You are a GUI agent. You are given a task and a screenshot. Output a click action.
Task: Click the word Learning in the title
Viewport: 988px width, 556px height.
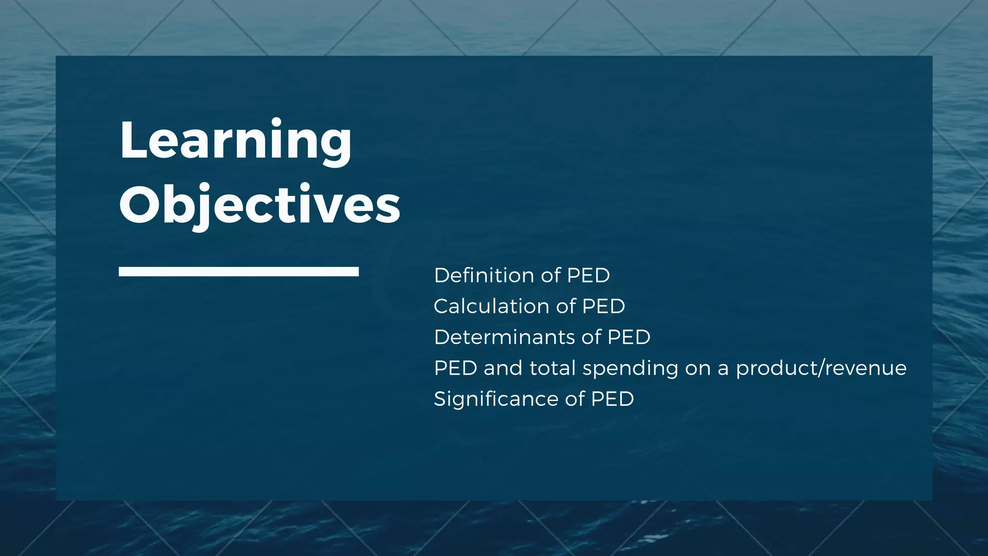point(235,141)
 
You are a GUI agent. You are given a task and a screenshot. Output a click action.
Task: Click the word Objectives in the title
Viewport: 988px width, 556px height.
point(260,205)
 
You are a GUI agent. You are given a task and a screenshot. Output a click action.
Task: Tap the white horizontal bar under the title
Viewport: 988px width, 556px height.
point(238,272)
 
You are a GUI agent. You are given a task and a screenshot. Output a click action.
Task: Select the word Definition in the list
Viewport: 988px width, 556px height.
point(484,276)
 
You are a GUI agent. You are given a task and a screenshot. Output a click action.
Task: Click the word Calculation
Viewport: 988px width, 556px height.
point(491,306)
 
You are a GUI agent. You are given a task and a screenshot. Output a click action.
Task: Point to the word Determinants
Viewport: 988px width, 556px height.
point(504,337)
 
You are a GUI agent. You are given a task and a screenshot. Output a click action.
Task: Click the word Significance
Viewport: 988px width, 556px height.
point(495,399)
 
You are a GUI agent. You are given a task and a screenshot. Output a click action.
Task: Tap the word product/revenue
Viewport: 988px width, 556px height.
point(821,369)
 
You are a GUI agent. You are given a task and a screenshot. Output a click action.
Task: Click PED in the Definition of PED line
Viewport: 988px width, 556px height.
point(588,276)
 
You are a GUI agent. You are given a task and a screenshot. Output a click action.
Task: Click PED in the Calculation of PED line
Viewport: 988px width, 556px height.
point(604,306)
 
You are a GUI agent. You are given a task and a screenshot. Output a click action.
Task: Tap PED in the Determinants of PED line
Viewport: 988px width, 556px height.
point(629,337)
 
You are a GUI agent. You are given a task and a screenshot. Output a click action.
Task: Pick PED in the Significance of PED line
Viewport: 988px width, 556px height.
point(612,399)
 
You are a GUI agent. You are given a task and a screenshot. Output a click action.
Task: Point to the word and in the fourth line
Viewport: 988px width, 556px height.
point(503,368)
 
